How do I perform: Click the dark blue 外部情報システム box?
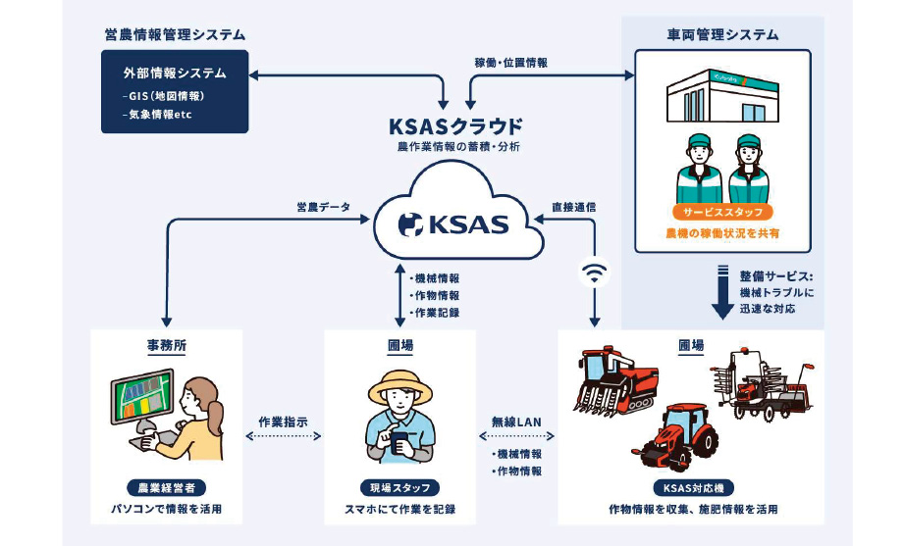pyautogui.click(x=175, y=91)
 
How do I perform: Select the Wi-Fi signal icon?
pyautogui.click(x=593, y=272)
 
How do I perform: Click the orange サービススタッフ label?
pyautogui.click(x=722, y=212)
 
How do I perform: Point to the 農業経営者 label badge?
pyautogui.click(x=167, y=487)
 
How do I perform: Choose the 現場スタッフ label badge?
pyautogui.click(x=399, y=487)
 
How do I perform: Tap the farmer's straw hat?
pyautogui.click(x=399, y=388)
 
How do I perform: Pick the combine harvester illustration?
pyautogui.click(x=619, y=381)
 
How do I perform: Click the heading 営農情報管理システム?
pyautogui.click(x=175, y=34)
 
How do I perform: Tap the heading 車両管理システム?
pyautogui.click(x=722, y=34)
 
